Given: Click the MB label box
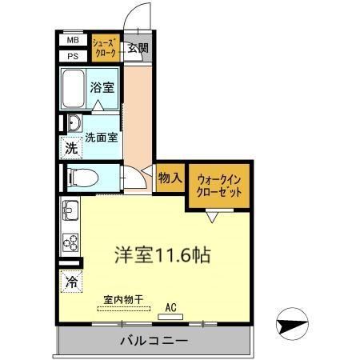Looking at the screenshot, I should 72,39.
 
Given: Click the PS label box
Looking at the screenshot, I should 72,55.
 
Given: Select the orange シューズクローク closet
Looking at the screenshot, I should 105,46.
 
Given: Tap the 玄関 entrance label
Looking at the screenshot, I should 138,48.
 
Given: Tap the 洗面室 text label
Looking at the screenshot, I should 102,137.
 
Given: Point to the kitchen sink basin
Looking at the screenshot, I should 70,212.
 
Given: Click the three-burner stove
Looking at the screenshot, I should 70,241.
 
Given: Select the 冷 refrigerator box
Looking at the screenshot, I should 71,282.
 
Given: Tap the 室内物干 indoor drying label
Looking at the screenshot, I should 122,300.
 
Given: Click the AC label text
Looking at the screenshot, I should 170,306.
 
